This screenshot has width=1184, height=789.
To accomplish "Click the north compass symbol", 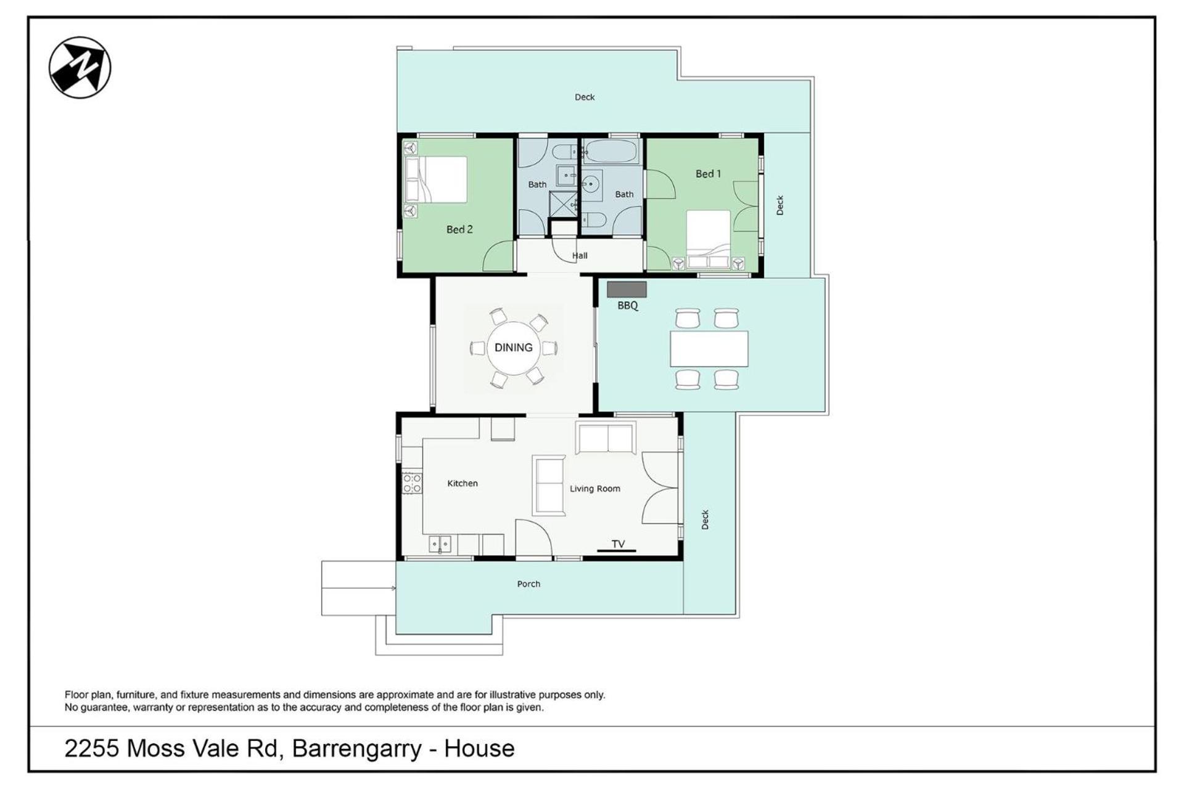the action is coord(80,67).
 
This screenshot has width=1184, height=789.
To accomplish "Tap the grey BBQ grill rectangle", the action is coord(627,289).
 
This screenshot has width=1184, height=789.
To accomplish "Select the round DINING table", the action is coord(514,348).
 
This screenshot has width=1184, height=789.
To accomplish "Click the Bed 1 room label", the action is coord(708,174).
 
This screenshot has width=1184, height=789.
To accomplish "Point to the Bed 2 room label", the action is coord(459,229).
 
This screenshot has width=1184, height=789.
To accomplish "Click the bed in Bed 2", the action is coord(435,179).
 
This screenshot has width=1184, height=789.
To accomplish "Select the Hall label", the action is coord(580,256).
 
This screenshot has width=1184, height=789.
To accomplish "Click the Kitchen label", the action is coord(462,483).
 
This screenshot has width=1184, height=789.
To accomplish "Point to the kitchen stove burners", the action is coord(412,483).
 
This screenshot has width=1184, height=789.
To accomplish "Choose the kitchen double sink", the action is coord(440,544).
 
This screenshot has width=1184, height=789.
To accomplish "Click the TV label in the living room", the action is coord(618,544).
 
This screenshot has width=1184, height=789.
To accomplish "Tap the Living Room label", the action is coord(595,489).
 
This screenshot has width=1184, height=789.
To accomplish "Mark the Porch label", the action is coord(528,584).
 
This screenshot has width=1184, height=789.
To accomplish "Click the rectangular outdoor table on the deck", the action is coord(709,349).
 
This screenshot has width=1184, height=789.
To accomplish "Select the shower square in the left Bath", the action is coord(562,204).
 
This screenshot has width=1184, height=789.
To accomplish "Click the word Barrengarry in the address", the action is coord(357,749).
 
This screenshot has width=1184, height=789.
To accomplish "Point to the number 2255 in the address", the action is coord(91,748).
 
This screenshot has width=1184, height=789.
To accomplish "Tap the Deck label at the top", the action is coord(585,97).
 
